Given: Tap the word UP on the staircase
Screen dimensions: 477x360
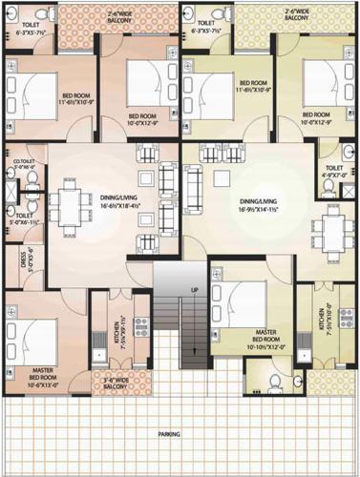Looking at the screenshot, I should tap(195, 290).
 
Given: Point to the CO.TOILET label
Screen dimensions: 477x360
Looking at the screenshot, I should tap(21, 164).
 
